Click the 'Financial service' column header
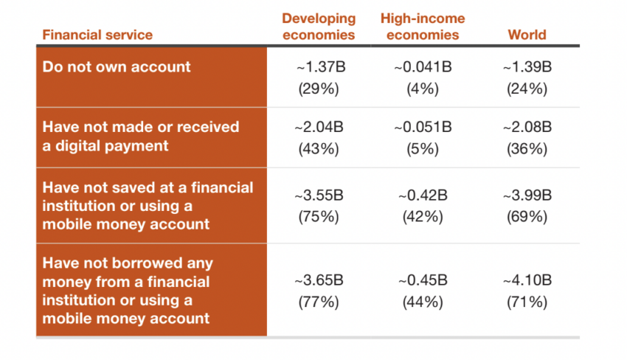(x=97, y=35)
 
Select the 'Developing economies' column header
(x=319, y=27)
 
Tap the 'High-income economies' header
(x=422, y=27)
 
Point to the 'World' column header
(x=527, y=35)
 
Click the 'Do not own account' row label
(x=117, y=67)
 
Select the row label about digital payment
(x=141, y=136)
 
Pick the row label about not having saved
(x=148, y=205)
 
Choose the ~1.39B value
(x=527, y=67)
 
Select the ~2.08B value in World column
(x=527, y=127)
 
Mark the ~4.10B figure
(x=527, y=280)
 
